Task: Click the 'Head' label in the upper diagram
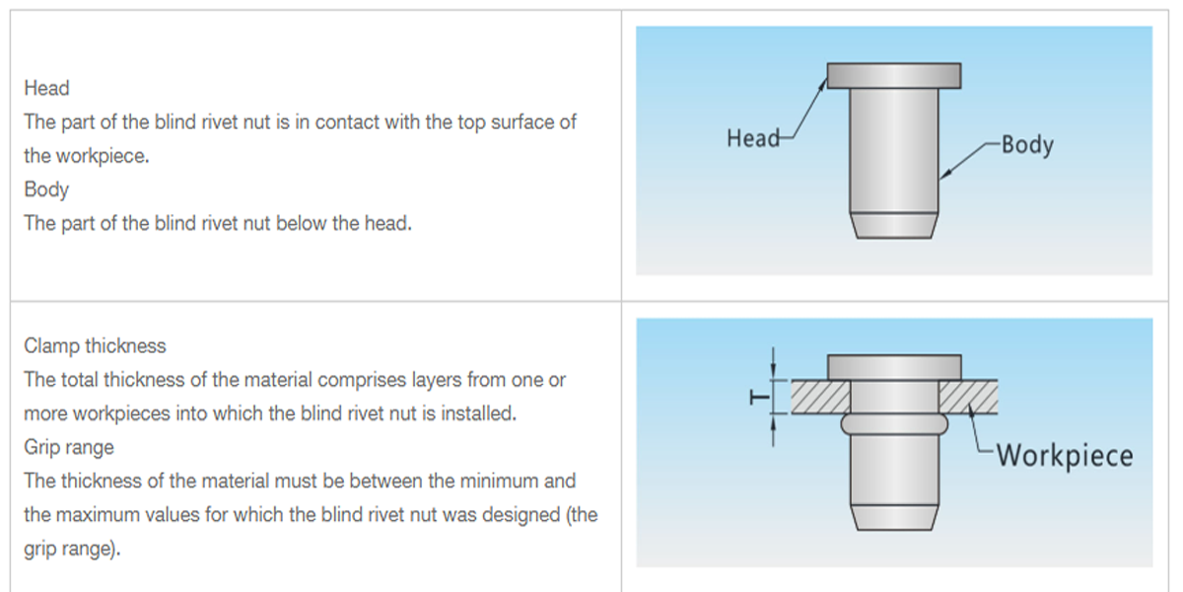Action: click(x=752, y=138)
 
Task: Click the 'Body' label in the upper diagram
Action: click(x=1026, y=145)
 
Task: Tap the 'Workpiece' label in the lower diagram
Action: click(x=1064, y=456)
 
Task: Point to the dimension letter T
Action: click(x=758, y=398)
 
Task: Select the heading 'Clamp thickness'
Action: click(x=95, y=346)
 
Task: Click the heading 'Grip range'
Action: click(x=69, y=447)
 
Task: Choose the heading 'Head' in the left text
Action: click(x=46, y=88)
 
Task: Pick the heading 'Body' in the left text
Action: click(x=46, y=188)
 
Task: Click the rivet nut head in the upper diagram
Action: click(x=893, y=75)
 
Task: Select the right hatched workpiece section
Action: click(x=968, y=397)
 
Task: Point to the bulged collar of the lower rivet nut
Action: click(x=893, y=423)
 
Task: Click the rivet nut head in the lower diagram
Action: click(x=893, y=367)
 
